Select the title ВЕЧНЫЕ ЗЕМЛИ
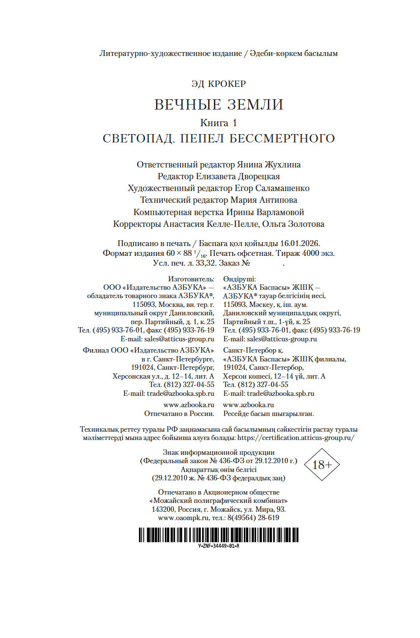tap(219, 105)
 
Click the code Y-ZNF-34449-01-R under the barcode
tap(218, 546)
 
